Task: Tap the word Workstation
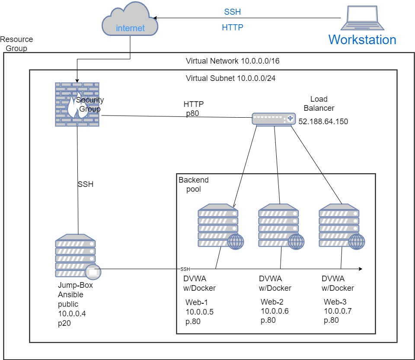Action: pyautogui.click(x=362, y=40)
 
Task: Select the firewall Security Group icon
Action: pyautogui.click(x=77, y=104)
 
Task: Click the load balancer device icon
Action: pyautogui.click(x=273, y=119)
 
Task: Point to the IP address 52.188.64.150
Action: pyautogui.click(x=323, y=122)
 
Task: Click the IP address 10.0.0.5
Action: pyautogui.click(x=200, y=312)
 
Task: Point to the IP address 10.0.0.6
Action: pyautogui.click(x=275, y=311)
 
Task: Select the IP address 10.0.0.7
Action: pyautogui.click(x=338, y=311)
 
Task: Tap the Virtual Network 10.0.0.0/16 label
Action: pyautogui.click(x=233, y=61)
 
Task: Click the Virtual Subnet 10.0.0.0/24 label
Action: pyautogui.click(x=231, y=78)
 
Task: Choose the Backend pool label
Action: pyautogui.click(x=193, y=184)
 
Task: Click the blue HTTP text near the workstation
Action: pyautogui.click(x=233, y=27)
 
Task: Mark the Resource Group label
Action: pyautogui.click(x=16, y=44)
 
